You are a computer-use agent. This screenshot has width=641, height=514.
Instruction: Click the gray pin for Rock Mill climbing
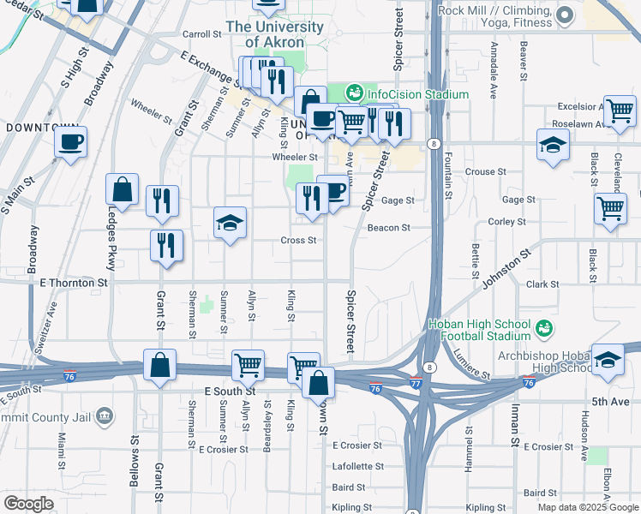(x=565, y=15)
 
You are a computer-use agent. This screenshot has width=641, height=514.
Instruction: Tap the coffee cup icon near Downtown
(x=71, y=141)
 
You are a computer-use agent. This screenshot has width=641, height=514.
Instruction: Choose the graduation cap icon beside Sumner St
(x=230, y=224)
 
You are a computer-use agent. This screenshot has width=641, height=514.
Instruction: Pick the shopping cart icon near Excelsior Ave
(x=619, y=111)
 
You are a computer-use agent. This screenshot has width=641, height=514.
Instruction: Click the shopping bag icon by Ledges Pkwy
(x=123, y=189)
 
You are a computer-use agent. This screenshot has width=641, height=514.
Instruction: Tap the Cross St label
(x=299, y=241)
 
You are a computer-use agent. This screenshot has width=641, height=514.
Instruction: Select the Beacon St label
(x=390, y=228)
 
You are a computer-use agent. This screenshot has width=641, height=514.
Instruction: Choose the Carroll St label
(x=202, y=34)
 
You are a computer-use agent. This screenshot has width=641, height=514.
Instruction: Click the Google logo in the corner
(x=28, y=504)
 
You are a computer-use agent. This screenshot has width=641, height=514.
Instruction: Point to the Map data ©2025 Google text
(x=586, y=507)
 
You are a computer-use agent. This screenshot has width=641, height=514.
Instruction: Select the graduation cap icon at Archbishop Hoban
(x=608, y=360)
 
